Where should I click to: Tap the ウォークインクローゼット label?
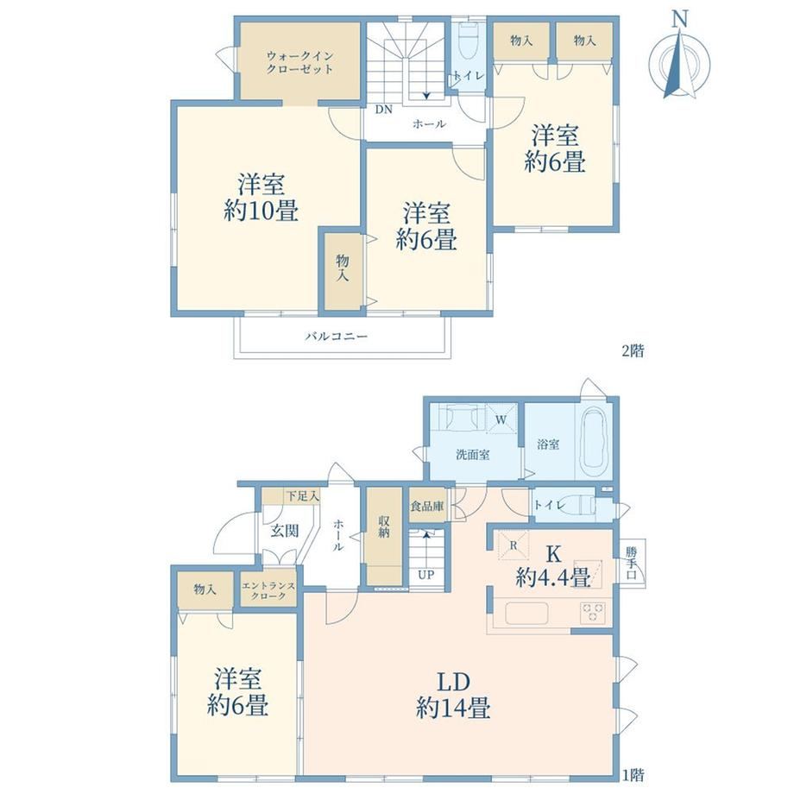pyautogui.click(x=299, y=62)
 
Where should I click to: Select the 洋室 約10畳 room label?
pyautogui.click(x=262, y=198)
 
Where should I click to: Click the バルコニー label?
pyautogui.click(x=337, y=336)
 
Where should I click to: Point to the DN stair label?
pyautogui.click(x=383, y=110)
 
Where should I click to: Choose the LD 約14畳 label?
pyautogui.click(x=453, y=696)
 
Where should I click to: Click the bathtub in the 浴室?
pyautogui.click(x=595, y=439)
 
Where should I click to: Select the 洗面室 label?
pyautogui.click(x=472, y=454)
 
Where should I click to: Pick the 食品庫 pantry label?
pyautogui.click(x=427, y=506)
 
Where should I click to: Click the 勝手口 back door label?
pyautogui.click(x=631, y=563)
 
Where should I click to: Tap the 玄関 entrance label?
pyautogui.click(x=285, y=531)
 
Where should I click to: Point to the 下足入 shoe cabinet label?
pyautogui.click(x=303, y=495)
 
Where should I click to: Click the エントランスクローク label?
pyautogui.click(x=268, y=590)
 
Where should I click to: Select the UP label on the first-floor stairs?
pyautogui.click(x=425, y=575)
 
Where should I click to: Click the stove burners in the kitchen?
pyautogui.click(x=592, y=613)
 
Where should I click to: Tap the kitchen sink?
pyautogui.click(x=526, y=614)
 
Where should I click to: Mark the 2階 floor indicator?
pyautogui.click(x=633, y=350)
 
